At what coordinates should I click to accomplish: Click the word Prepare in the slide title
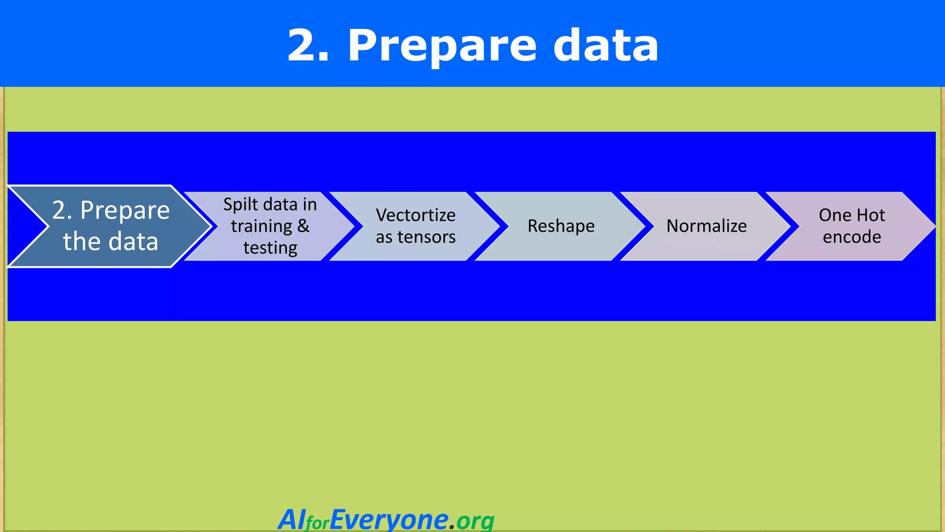[x=442, y=46]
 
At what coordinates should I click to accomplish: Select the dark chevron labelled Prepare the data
[x=111, y=226]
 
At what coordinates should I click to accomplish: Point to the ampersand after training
[x=303, y=226]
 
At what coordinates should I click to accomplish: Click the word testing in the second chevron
[x=270, y=248]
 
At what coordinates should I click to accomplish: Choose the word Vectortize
[x=416, y=215]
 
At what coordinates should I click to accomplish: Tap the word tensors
[x=426, y=237]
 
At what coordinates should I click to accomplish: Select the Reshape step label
[x=561, y=226]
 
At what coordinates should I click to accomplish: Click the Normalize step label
[x=706, y=226]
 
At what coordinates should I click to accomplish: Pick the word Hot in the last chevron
[x=871, y=215]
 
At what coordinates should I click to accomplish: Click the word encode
[x=852, y=237]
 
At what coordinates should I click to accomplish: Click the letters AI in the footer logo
[x=292, y=520]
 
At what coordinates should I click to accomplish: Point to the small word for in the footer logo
[x=317, y=523]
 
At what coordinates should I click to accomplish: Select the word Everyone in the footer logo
[x=389, y=520]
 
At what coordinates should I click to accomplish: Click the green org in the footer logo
[x=475, y=521]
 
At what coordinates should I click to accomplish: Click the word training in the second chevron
[x=262, y=226]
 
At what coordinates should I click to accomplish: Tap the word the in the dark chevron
[x=81, y=242]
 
